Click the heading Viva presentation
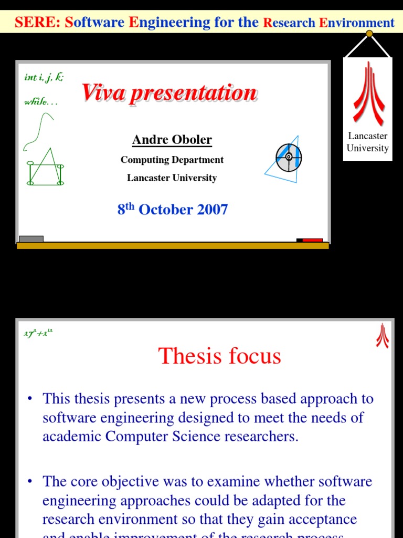pyautogui.click(x=169, y=93)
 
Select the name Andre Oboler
pyautogui.click(x=172, y=140)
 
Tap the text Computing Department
pyautogui.click(x=172, y=160)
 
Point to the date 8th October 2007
pyautogui.click(x=173, y=210)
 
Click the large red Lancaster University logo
pyautogui.click(x=368, y=92)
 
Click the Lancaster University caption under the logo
pyautogui.click(x=368, y=142)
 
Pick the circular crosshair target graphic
pyautogui.click(x=289, y=157)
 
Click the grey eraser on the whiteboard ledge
pyautogui.click(x=31, y=239)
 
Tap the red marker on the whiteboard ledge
pyautogui.click(x=312, y=240)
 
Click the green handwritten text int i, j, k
pyautogui.click(x=44, y=78)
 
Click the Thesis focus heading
pyautogui.click(x=219, y=356)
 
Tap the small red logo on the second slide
pyautogui.click(x=382, y=336)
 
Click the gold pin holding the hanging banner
pyautogui.click(x=369, y=34)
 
